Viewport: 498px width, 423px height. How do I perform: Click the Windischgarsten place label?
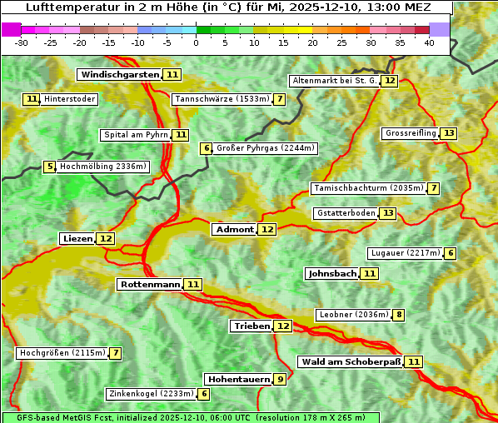click(x=119, y=74)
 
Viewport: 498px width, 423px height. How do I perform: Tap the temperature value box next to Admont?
click(x=266, y=229)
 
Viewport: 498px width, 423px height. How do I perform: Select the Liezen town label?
click(x=77, y=238)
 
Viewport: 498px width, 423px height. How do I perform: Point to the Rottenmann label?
click(x=150, y=284)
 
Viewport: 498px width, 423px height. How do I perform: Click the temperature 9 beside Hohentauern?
click(x=281, y=379)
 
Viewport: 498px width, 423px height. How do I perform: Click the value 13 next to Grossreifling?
click(x=449, y=133)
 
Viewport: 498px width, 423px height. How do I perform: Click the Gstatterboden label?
click(x=346, y=213)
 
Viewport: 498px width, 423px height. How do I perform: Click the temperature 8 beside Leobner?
click(x=400, y=315)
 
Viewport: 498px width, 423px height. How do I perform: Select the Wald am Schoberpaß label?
click(x=351, y=361)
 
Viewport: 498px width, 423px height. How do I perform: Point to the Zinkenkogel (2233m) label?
click(x=151, y=394)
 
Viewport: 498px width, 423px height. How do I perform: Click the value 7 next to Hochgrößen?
click(x=116, y=353)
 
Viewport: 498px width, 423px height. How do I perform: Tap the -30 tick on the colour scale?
click(x=22, y=42)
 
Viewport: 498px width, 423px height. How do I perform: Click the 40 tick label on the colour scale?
click(x=429, y=42)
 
